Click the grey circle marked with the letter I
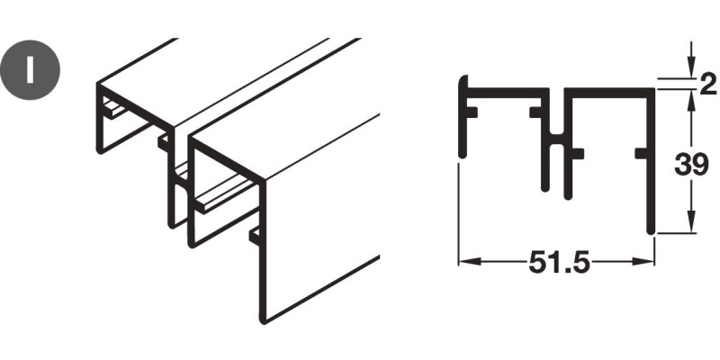pos(30,70)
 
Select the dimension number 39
pos(691,165)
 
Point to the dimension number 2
pos(708,85)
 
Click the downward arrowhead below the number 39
pos(691,222)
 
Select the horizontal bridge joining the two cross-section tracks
pos(556,139)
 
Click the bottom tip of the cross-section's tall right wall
pos(650,232)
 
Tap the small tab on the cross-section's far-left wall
pos(472,112)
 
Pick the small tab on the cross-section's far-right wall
pos(641,154)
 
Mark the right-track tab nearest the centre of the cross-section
pos(578,154)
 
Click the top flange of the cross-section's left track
pos(508,93)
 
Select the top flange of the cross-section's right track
pos(609,93)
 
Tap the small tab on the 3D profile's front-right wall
pos(255,235)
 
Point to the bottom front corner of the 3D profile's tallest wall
pos(263,321)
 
